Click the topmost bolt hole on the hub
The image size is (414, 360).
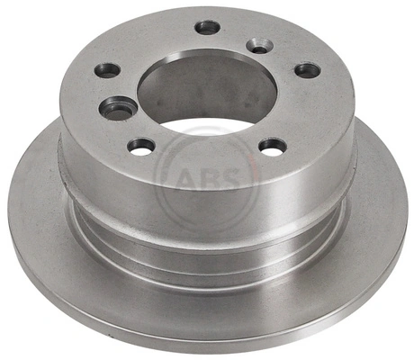tap(207, 28)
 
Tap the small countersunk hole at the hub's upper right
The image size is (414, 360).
tap(258, 45)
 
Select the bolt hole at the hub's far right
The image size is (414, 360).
tap(307, 70)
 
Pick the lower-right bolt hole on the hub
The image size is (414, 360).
tap(272, 145)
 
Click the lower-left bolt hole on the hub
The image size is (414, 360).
tap(141, 145)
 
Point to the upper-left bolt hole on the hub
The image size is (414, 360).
tap(107, 69)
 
